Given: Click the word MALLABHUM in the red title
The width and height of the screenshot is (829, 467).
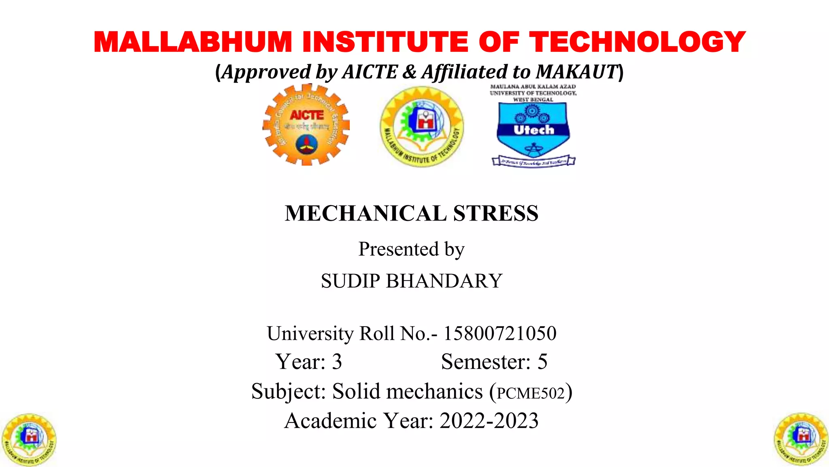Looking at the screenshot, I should pos(193,42).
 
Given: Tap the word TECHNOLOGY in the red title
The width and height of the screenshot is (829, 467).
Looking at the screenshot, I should pos(638,42).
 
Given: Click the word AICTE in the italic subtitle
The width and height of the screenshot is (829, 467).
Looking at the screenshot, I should pos(370,72).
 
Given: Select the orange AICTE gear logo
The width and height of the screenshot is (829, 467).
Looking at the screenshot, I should pos(306,125).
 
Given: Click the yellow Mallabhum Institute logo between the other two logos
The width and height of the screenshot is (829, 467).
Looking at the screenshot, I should pos(422,126).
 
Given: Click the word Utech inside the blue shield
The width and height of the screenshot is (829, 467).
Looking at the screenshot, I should pos(534,130).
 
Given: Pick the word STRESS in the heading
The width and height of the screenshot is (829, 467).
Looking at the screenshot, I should pos(496,214).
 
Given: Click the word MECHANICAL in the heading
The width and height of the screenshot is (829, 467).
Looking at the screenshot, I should pos(366,214).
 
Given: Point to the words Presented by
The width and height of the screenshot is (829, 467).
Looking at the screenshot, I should pos(411,249).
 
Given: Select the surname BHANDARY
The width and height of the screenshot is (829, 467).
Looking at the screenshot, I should pos(444,281).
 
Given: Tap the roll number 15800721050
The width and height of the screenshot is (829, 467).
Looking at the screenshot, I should pos(500,334).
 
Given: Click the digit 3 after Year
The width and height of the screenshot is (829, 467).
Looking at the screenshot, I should pos(337,362).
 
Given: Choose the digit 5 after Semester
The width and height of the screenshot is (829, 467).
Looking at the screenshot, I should pos(542,362).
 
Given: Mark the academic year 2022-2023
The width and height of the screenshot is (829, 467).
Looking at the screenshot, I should pos(489,421).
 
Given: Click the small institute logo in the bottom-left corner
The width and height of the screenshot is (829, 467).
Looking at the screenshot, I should pos(29,439).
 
